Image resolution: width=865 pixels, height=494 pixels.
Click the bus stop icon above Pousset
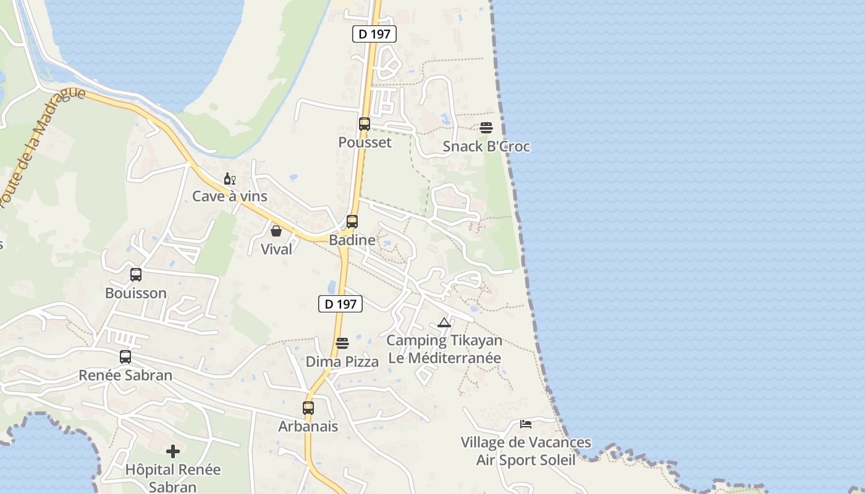coord(365,124)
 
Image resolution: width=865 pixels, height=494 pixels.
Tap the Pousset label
coord(365,143)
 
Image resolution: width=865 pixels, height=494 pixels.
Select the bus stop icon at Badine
coord(352,222)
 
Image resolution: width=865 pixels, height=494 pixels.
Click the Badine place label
coord(352,240)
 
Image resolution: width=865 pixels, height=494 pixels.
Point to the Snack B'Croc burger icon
coord(486,128)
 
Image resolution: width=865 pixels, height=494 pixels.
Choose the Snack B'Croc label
coord(486,147)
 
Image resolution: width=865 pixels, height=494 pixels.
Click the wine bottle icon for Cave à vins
coord(229,179)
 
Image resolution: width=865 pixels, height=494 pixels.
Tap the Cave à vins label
coord(230,196)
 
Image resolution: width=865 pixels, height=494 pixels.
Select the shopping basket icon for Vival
coord(276,231)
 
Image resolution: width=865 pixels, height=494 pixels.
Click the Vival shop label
coord(276,249)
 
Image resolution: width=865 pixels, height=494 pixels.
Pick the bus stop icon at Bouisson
coord(136,275)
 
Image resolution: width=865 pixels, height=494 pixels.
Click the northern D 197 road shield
coord(374,34)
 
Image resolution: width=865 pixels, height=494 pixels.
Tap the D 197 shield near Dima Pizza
coord(340,304)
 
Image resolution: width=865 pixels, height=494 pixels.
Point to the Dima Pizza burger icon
coord(342,343)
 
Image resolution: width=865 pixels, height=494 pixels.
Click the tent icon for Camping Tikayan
coord(444,322)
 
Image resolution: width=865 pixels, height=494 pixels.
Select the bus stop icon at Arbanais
coord(308,408)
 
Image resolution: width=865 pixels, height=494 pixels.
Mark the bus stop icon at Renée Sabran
coord(125,357)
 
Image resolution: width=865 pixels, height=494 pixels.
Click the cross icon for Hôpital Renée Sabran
coord(173,451)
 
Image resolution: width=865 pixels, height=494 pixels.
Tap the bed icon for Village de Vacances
coord(526,424)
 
